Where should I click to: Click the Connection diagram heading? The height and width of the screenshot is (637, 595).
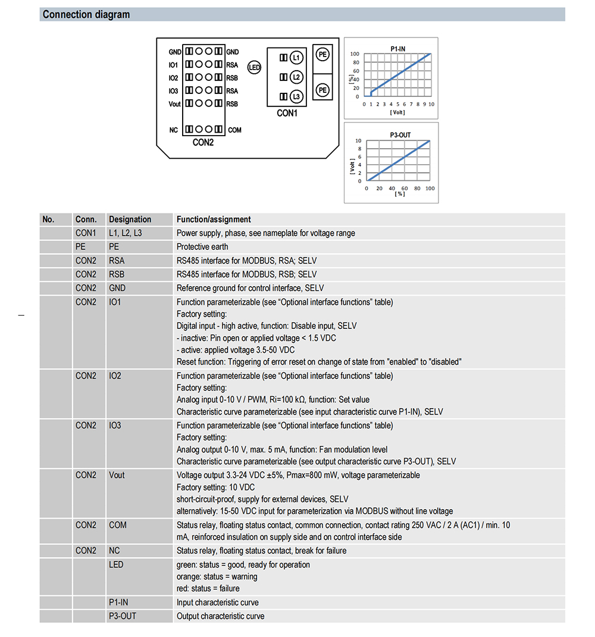86,14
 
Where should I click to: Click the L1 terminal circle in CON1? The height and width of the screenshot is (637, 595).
296,57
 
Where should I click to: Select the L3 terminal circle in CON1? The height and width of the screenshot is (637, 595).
296,97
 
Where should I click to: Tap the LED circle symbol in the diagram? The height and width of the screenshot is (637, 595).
254,68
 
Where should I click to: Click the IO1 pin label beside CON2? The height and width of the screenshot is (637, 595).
173,65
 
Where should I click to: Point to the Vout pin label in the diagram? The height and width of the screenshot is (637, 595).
174,104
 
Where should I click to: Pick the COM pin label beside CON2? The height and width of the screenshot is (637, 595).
234,130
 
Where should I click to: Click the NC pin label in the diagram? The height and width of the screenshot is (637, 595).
173,130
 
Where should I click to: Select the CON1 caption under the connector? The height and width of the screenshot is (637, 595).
287,114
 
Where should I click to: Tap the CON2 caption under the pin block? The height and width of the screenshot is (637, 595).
203,143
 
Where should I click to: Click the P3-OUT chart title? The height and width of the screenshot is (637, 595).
400,135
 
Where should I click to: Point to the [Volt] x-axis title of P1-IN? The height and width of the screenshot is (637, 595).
397,112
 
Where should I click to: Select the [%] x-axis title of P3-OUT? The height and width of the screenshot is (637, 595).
399,194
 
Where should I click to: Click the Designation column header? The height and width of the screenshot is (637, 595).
130,219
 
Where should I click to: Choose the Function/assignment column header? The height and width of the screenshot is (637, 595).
214,219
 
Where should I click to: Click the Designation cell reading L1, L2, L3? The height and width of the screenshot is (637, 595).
126,233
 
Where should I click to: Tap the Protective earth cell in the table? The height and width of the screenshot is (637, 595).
202,247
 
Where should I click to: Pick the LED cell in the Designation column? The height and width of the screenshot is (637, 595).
116,564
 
